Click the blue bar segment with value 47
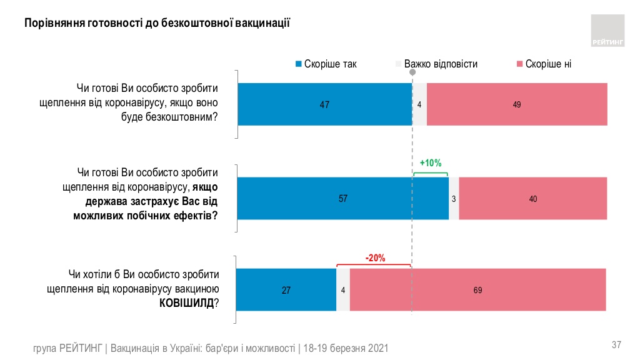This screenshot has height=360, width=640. [x=324, y=104]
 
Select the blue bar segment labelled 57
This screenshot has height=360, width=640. [x=342, y=199]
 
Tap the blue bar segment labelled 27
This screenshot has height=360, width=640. [x=286, y=290]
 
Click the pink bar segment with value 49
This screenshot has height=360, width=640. [x=517, y=104]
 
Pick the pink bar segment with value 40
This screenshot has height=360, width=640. [x=532, y=199]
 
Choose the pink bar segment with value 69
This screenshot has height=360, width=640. [x=478, y=290]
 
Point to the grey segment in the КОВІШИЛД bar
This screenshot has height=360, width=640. [x=343, y=290]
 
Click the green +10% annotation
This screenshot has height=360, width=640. [x=431, y=163]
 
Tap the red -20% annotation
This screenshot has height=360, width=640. [x=374, y=257]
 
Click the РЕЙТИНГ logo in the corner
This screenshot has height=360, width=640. [x=607, y=31]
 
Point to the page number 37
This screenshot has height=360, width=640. [x=616, y=344]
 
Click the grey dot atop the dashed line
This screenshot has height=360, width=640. [x=412, y=73]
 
